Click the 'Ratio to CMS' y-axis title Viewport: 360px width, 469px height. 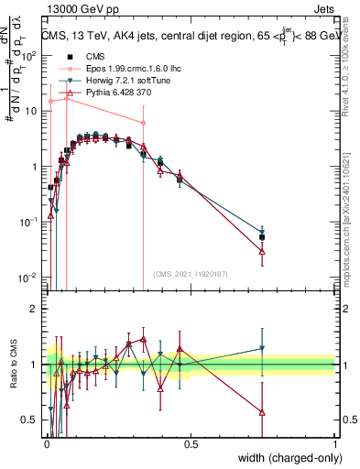17,364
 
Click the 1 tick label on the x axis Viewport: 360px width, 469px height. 335,444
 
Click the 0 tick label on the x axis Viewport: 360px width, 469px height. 46,444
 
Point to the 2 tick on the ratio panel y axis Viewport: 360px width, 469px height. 34,309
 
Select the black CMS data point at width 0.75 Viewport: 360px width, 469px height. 263,237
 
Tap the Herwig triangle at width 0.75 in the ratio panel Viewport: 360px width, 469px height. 263,348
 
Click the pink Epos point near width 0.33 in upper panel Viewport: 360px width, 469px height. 143,123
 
